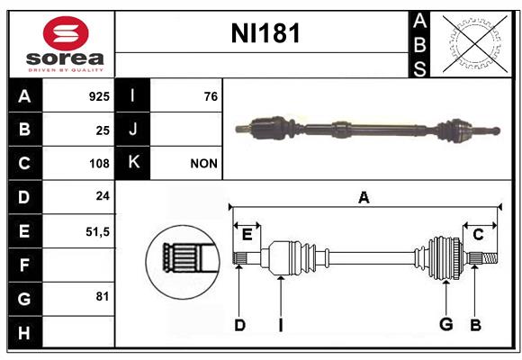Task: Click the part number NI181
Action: pos(265,33)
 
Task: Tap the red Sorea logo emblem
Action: pos(66,33)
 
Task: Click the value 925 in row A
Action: pos(99,96)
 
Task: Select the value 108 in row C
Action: pos(99,164)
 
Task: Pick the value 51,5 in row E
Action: pos(97,232)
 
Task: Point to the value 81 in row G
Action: pos(103,296)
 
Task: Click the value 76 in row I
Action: pos(211,96)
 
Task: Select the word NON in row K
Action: pos(203,164)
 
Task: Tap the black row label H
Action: pos(24,332)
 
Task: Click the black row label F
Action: pos(24,265)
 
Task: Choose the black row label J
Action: pos(132,129)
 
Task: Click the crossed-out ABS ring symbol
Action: pos(475,45)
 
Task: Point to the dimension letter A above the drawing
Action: pos(364,198)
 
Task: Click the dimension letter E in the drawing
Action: pos(247,235)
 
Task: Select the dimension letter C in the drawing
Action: pos(478,235)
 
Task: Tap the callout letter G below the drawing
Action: pos(446,324)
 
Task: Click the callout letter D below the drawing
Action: pos(239,325)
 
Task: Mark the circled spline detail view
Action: pos(183,262)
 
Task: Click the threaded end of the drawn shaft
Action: pos(490,258)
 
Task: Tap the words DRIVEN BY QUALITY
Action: pos(66,70)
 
